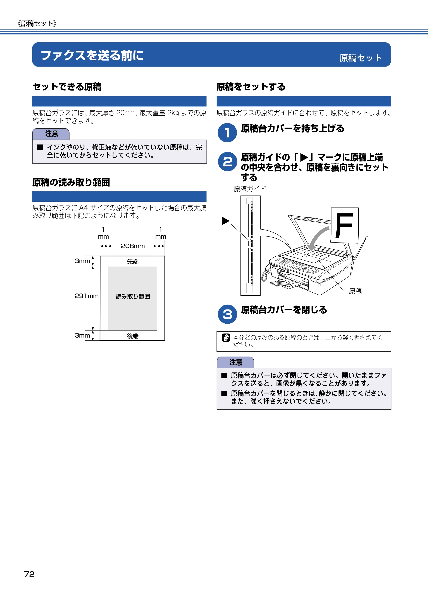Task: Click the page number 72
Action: point(29,574)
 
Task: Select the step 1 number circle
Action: point(227,133)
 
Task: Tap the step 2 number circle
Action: point(227,162)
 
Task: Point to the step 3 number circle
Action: point(227,314)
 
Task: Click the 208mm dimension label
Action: point(133,246)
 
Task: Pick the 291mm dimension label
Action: point(86,296)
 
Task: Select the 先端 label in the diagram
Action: point(133,261)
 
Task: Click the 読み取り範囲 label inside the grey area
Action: point(133,296)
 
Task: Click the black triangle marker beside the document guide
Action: point(225,221)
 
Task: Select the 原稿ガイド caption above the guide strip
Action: point(250,189)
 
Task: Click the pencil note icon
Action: point(226,338)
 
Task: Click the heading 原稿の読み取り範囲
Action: point(71,182)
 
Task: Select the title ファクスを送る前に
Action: point(92,55)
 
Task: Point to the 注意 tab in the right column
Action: point(235,362)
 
